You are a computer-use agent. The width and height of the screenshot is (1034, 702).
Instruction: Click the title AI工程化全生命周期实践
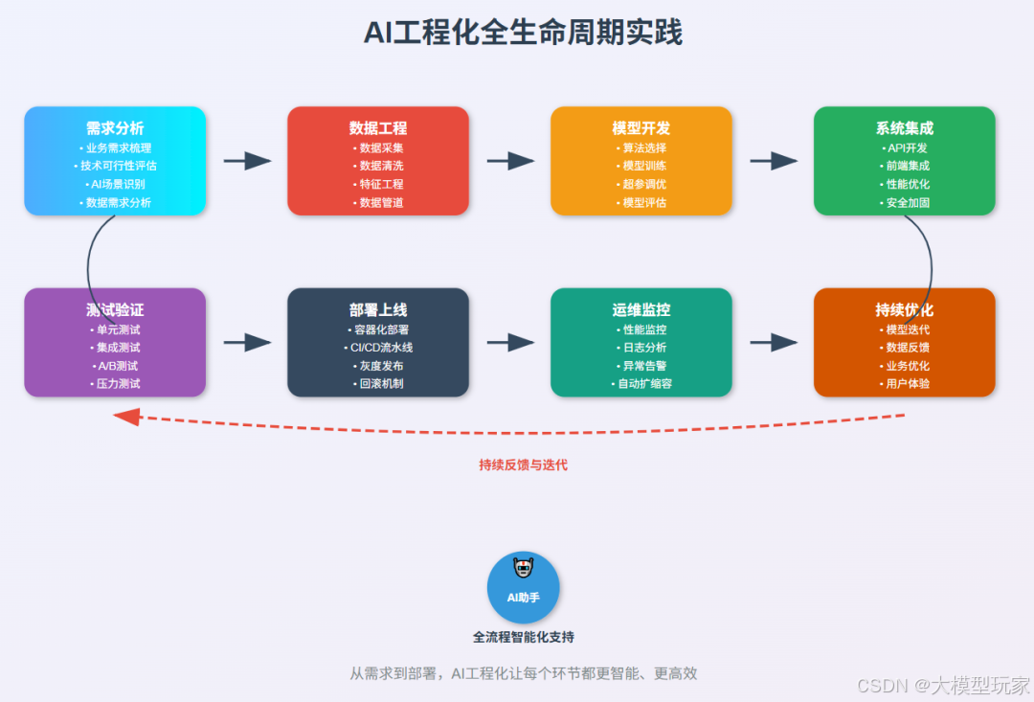pos(522,33)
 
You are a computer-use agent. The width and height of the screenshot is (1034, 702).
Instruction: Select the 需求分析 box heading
pos(115,127)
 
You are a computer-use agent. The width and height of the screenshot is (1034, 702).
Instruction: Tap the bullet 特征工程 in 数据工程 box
pos(379,184)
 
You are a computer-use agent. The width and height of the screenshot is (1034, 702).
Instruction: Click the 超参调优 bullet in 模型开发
pos(642,184)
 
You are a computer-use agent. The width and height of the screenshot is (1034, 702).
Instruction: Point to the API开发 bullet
pos(906,147)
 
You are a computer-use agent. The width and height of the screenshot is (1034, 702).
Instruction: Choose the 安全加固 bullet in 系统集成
pos(906,202)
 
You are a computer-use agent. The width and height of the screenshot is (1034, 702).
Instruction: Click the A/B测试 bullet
pos(116,365)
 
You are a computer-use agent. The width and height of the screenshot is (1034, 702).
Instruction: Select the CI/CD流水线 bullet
pos(379,347)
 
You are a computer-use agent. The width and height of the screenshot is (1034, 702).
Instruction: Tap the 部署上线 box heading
pos(378,309)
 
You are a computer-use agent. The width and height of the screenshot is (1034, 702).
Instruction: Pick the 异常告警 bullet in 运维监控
pos(642,365)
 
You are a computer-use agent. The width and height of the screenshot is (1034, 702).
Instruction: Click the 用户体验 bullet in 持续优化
pos(906,383)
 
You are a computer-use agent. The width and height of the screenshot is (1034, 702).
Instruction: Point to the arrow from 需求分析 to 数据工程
pos(247,161)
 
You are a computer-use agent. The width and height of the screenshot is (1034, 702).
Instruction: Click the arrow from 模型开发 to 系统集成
pos(774,161)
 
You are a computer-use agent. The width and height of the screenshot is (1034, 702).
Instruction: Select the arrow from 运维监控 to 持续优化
pos(774,342)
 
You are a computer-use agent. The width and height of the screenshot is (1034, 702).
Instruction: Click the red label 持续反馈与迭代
pos(523,464)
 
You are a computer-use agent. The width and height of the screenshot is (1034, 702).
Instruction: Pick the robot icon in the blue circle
pos(523,569)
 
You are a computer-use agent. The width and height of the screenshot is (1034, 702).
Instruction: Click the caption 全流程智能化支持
pos(523,637)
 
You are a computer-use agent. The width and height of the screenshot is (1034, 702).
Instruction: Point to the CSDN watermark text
pos(943,685)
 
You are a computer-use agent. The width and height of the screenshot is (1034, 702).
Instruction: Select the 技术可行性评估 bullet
pos(116,166)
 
